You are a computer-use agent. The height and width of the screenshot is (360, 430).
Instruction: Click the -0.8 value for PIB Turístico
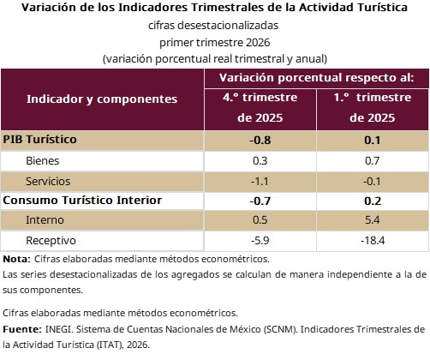pos(260,141)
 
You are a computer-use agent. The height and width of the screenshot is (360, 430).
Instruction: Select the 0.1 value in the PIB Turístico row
pos(373,141)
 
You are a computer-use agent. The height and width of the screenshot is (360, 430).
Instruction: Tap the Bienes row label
pos(43,161)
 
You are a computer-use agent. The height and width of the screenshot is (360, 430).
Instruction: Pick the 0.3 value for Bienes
pos(260,161)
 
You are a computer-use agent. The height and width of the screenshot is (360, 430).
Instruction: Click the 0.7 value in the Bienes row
pos(373,161)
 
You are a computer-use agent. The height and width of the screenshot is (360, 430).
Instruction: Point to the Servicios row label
pos(48,182)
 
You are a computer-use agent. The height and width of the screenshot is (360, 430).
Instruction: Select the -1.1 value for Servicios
pos(260,182)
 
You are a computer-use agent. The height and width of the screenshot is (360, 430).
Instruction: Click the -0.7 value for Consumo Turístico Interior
pos(260,201)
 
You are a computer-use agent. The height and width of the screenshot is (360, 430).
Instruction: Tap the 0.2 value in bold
pos(373,201)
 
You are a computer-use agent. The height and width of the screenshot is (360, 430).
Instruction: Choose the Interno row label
pos(45,220)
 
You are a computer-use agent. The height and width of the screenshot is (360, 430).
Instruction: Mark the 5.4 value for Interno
pos(373,220)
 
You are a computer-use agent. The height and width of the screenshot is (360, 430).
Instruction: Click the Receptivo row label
pos(51,241)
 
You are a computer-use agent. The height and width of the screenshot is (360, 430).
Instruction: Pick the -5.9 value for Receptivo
pos(260,241)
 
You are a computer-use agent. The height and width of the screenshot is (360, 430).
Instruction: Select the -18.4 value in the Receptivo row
pos(373,241)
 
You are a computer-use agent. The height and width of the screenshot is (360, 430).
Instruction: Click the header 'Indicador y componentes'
pos(102,99)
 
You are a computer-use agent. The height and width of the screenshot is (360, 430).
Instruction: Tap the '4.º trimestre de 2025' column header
pos(260,107)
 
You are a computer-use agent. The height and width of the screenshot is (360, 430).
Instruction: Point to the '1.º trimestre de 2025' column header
pos(373,107)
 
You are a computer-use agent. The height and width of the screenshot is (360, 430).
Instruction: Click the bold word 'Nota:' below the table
pos(16,259)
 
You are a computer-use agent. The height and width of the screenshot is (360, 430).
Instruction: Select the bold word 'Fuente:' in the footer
pos(22,329)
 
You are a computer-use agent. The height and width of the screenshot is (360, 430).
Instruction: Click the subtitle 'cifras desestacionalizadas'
pos(213,26)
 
